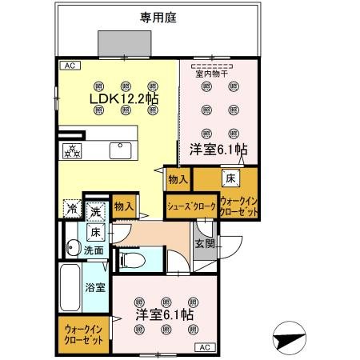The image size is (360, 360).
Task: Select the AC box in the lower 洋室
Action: click(x=204, y=346)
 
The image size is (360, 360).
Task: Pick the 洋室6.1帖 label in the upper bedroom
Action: click(x=218, y=150)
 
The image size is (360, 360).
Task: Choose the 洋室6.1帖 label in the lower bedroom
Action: click(x=164, y=314)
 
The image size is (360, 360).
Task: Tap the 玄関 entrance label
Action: click(x=204, y=244)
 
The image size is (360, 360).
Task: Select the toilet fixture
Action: click(x=131, y=258)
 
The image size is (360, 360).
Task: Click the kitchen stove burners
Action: click(x=73, y=149)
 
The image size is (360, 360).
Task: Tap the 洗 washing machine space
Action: click(x=95, y=212)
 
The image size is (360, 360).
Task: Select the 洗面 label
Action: click(x=94, y=250)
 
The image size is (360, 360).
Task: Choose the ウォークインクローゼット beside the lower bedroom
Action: click(x=83, y=334)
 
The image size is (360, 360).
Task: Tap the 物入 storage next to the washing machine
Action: click(x=124, y=206)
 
